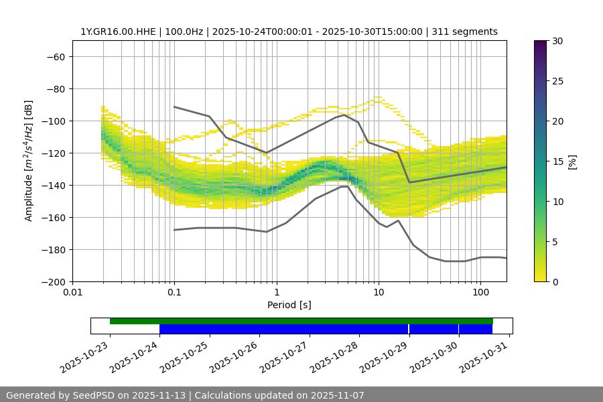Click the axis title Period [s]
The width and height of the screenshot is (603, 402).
point(289,305)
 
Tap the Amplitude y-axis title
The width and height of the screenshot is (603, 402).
point(29,161)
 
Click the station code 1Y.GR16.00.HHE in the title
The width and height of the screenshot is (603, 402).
point(118,31)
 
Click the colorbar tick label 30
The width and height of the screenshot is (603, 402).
point(557,41)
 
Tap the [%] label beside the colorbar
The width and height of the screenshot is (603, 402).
point(572,161)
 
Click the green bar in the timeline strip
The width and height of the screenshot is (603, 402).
point(301,321)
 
